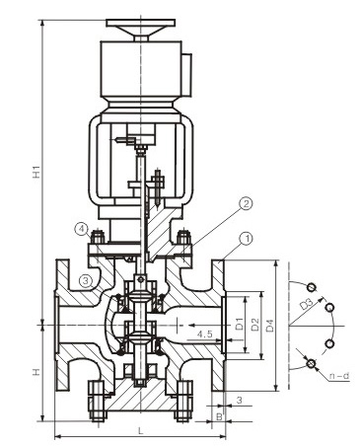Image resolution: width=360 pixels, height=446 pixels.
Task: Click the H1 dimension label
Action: [36, 172]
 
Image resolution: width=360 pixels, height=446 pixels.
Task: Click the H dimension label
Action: [36, 372]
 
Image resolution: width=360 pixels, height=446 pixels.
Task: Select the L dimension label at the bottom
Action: [140, 430]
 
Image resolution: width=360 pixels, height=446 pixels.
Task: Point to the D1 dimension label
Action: [240, 324]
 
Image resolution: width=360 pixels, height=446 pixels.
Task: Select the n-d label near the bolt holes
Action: [339, 376]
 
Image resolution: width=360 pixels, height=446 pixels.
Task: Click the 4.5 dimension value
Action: [204, 334]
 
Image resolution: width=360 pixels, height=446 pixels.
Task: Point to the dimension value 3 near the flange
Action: [240, 400]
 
